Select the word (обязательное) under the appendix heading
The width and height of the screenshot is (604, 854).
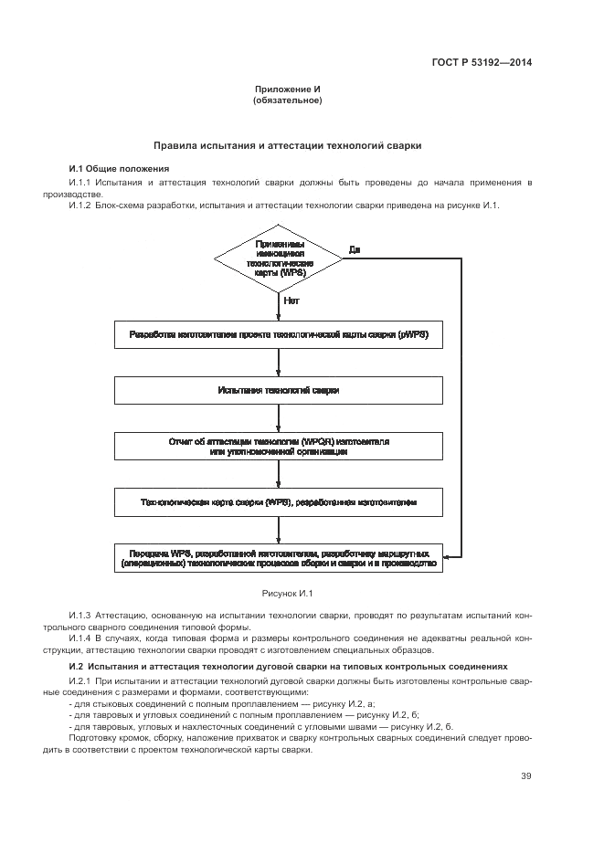286,100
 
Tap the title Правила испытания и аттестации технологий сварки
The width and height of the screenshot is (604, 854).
287,145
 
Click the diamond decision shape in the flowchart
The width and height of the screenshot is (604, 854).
280,259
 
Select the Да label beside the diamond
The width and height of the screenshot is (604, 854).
355,249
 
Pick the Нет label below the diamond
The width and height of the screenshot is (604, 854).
291,300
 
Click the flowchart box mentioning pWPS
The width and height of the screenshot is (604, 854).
279,335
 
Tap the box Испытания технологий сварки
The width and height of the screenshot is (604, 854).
279,390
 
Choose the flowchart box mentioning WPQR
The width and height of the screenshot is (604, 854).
279,446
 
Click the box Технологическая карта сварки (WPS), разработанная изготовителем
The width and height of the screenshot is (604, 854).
279,502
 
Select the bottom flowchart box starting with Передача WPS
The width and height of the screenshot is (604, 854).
279,558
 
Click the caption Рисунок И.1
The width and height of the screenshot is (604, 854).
287,594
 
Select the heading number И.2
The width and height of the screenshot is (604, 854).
77,667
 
